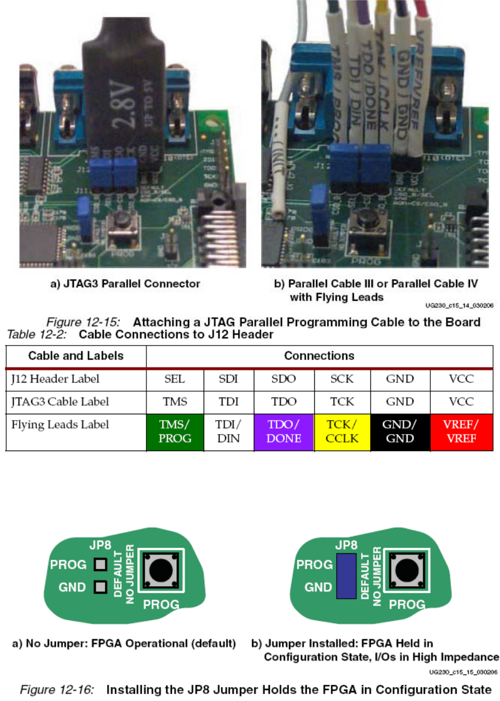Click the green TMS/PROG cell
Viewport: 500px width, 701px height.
tap(175, 430)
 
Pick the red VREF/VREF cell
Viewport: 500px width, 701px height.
tap(462, 430)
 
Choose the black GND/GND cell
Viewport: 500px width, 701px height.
tap(400, 430)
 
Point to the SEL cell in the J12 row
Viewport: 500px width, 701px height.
tap(175, 379)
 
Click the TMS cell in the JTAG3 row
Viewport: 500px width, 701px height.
tap(175, 401)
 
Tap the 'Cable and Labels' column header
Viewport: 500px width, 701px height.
tap(76, 355)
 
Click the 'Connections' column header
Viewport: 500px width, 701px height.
tap(319, 355)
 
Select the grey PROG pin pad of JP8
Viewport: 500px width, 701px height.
tap(100, 564)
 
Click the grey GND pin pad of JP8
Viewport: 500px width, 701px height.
tap(100, 587)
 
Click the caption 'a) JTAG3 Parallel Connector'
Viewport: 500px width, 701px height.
tap(123, 283)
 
